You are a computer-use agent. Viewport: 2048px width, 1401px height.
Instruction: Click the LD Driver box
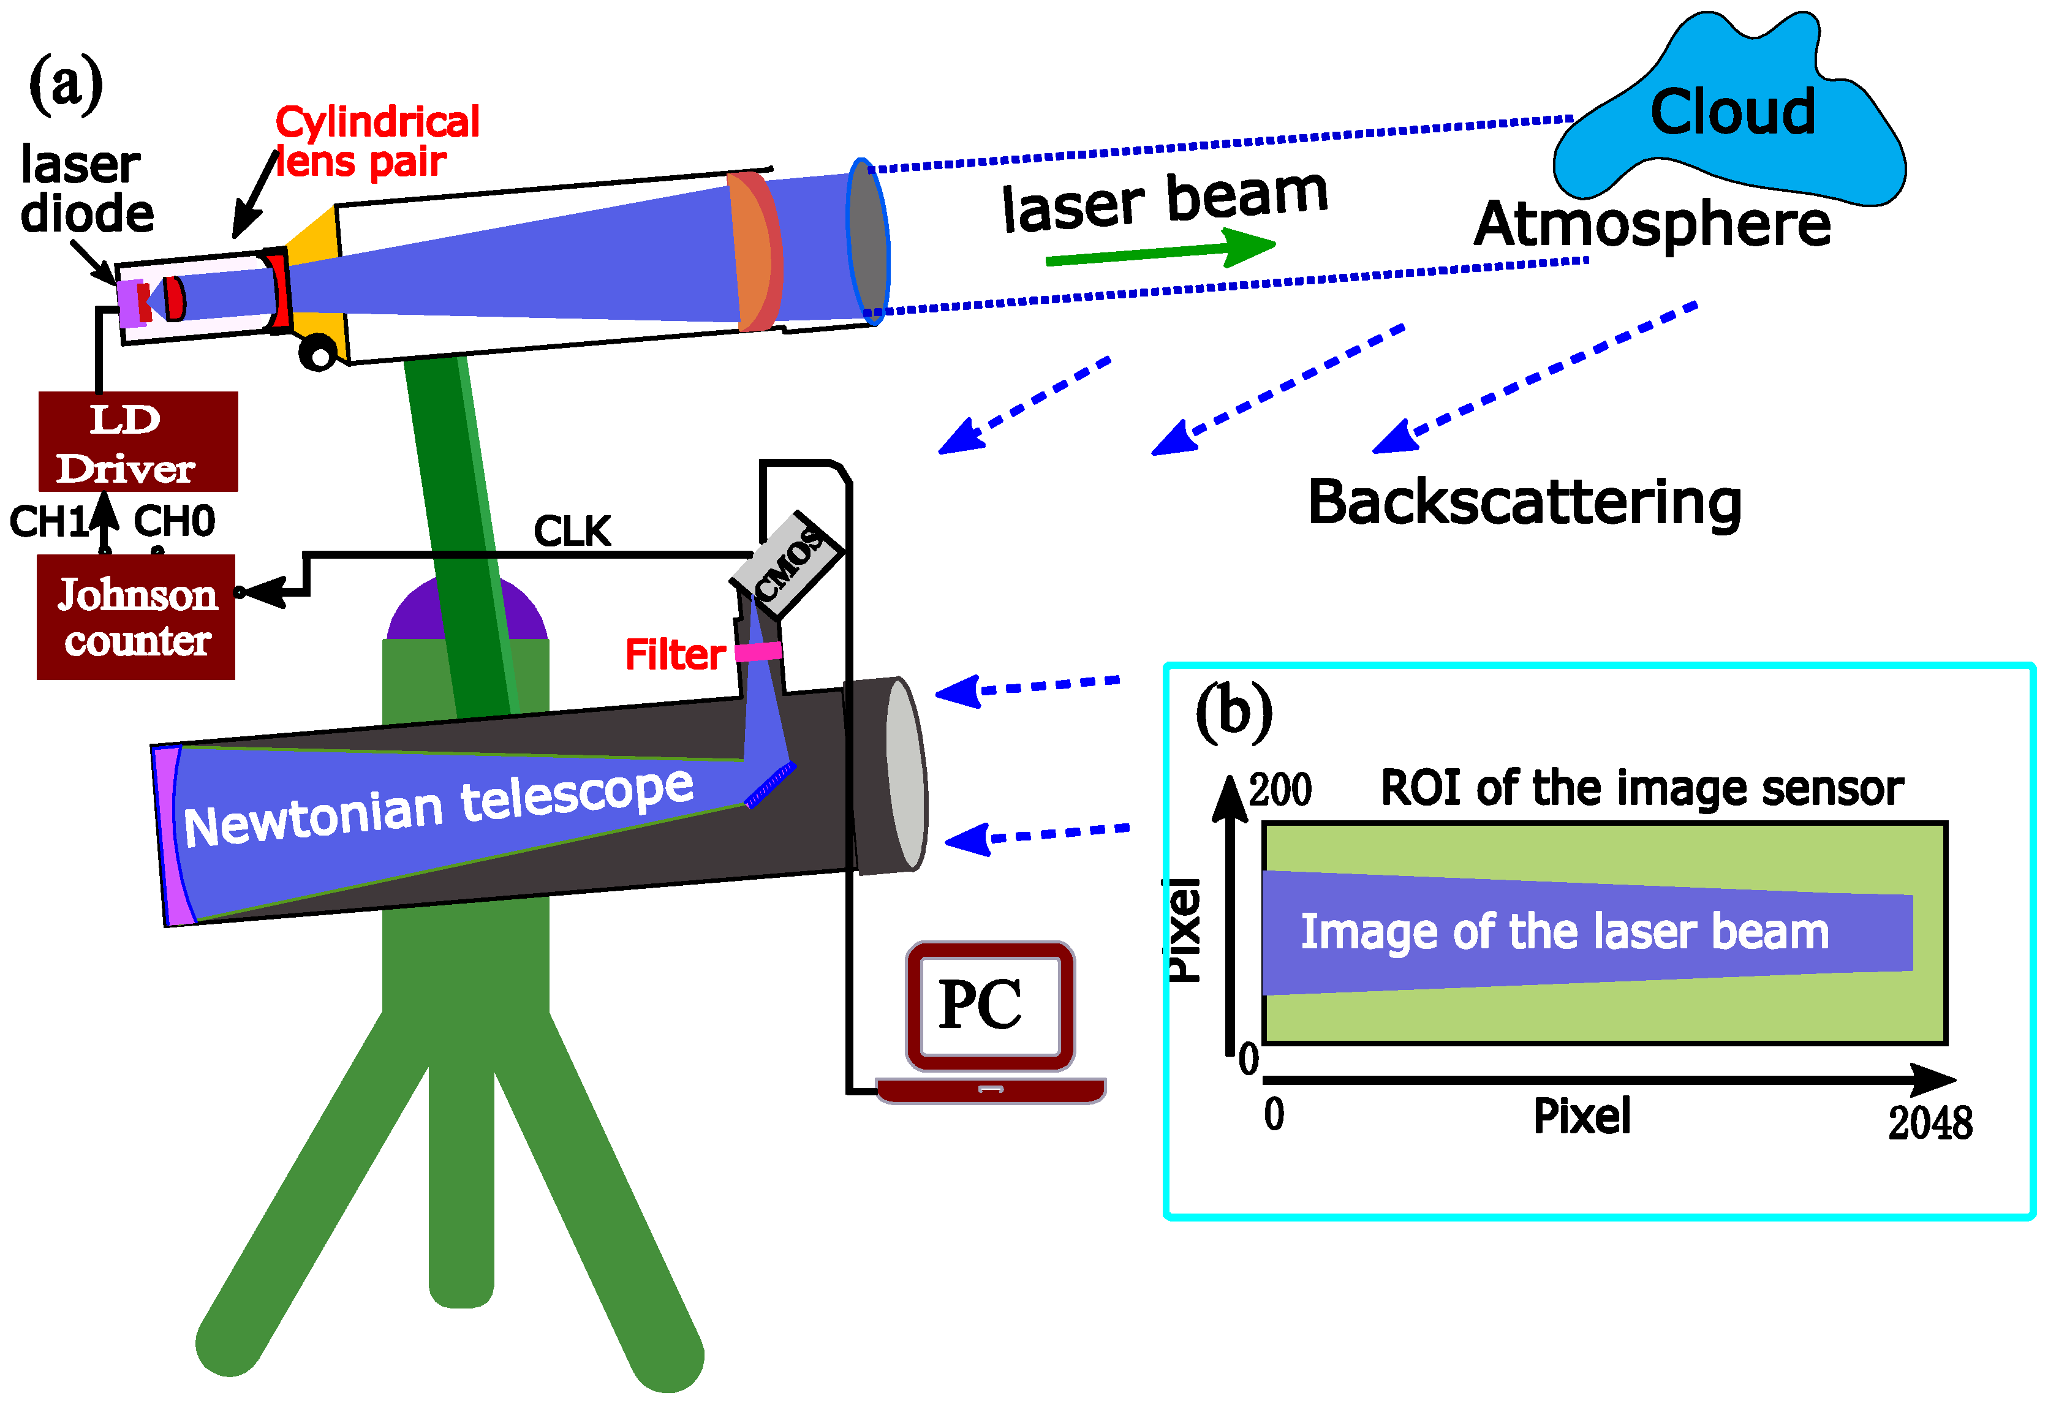tap(138, 442)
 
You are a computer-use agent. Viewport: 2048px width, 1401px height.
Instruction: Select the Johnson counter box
tap(136, 617)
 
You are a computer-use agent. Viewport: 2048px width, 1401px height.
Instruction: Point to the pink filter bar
tap(758, 651)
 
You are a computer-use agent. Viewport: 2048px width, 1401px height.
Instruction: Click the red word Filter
tap(674, 655)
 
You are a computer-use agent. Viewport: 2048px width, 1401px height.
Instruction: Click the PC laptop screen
tap(989, 1005)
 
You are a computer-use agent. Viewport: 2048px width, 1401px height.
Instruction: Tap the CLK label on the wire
tap(572, 531)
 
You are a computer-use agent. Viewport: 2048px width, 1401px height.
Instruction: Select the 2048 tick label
tap(1930, 1123)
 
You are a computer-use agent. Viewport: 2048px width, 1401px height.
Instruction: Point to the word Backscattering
tap(1525, 502)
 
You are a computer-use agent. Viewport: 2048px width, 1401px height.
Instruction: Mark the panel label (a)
tap(66, 84)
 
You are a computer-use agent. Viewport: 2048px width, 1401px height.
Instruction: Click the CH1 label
tap(48, 522)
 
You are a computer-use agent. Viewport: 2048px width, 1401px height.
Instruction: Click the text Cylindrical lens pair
tap(377, 141)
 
